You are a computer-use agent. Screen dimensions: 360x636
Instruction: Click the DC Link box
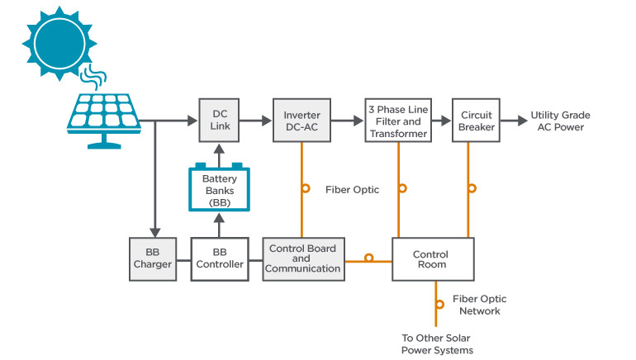(x=220, y=120)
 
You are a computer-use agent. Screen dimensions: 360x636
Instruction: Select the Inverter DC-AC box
(x=302, y=120)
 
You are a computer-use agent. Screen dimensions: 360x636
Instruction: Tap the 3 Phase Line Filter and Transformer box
(x=398, y=120)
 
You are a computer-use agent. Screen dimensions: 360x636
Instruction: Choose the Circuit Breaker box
(x=477, y=120)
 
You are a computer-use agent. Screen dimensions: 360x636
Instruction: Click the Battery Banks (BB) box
(x=219, y=189)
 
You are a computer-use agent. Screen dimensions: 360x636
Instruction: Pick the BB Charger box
(x=153, y=258)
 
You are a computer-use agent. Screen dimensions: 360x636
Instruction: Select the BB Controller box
(x=220, y=258)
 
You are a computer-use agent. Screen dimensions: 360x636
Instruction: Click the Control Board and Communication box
(x=303, y=258)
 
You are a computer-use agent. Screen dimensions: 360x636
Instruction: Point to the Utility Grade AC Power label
(x=560, y=121)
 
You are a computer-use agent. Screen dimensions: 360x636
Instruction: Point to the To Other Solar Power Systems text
(x=437, y=344)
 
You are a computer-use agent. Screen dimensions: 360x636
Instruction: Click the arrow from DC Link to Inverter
(x=259, y=121)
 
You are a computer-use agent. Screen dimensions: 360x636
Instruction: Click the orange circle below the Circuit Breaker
(x=471, y=188)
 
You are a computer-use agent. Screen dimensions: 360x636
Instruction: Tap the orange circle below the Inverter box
(x=306, y=188)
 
